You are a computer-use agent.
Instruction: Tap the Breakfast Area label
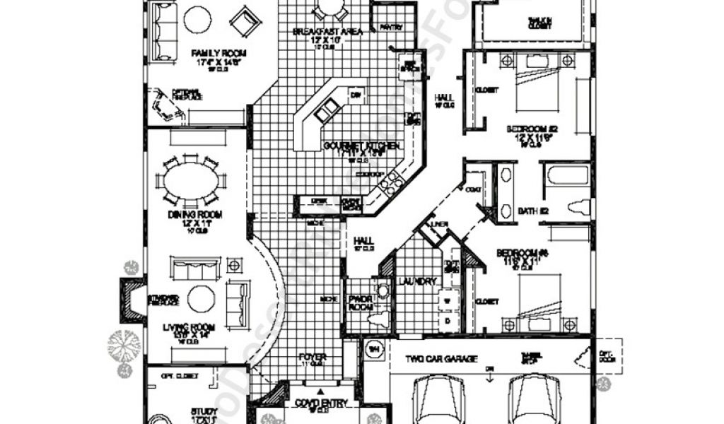coord(327,32)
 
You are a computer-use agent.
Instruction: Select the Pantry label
coord(391,28)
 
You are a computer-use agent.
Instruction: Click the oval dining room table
coord(192,181)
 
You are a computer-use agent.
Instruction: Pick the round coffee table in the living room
coord(201,299)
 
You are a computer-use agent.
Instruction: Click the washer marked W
coord(446,300)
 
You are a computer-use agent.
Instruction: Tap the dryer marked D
coord(446,320)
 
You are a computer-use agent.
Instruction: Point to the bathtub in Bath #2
coord(568,174)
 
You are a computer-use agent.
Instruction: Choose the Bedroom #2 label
coord(532,129)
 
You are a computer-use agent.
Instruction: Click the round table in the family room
coord(197,20)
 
